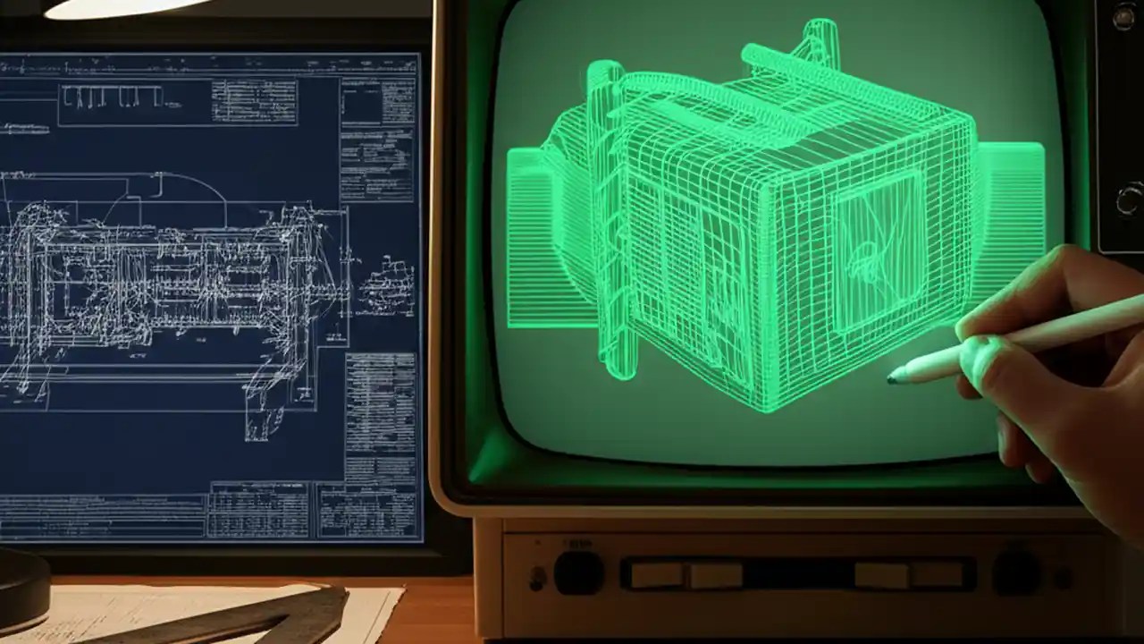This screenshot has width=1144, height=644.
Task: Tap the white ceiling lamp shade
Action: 125,8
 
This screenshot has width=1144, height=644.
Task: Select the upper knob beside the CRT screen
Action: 1124,15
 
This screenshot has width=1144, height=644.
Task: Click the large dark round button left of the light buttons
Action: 577,572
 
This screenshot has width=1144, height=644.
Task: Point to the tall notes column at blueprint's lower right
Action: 379,416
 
